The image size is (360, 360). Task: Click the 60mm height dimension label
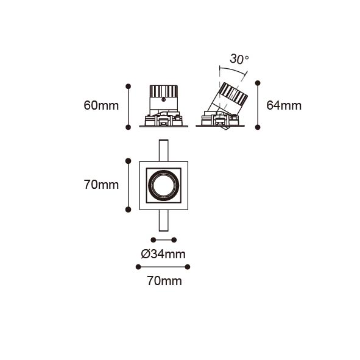[x=101, y=106]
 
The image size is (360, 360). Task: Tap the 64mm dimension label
[x=284, y=106]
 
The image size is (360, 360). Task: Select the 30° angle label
[x=239, y=59]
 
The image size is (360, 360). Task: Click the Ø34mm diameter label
[x=163, y=254]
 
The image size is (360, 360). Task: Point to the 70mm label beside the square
[x=101, y=185]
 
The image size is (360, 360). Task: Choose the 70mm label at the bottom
[x=164, y=281]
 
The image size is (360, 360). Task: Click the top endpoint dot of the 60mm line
[x=129, y=86]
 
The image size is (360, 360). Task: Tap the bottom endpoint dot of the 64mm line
[x=258, y=127]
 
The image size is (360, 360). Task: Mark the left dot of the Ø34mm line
[x=154, y=240]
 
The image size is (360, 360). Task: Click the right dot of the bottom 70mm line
[x=188, y=267]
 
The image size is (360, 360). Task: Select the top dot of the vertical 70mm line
[x=129, y=161]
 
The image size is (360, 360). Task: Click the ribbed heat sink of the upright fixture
[x=164, y=91]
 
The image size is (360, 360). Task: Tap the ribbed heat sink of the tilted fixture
[x=233, y=94]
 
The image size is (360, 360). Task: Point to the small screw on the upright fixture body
[x=163, y=100]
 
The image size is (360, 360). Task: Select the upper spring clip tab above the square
[x=163, y=150]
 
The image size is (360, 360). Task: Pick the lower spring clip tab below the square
[x=163, y=221]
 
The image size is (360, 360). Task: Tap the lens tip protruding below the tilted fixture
[x=224, y=128]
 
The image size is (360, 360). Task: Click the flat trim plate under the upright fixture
[x=164, y=126]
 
